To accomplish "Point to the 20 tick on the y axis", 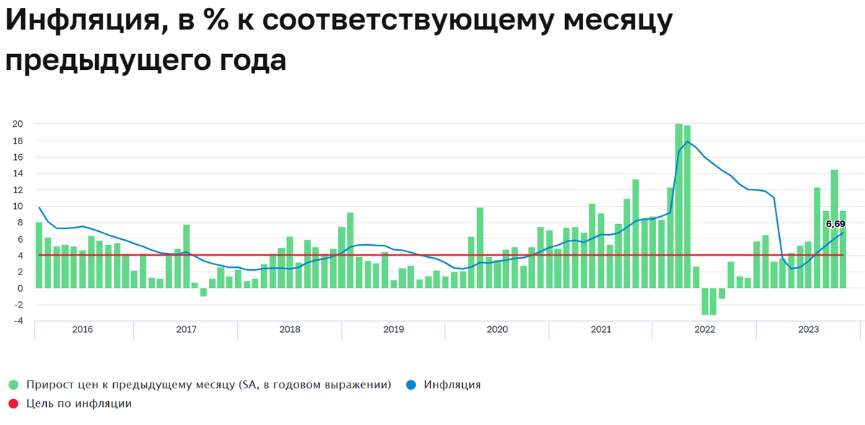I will (x=18, y=124).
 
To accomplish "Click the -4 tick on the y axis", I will (x=18, y=321).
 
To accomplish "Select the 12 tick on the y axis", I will (x=18, y=189).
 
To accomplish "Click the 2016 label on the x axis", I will (x=82, y=330).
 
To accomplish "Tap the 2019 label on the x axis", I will (x=394, y=330).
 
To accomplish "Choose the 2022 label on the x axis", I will (x=704, y=330).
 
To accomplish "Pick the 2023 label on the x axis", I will (x=808, y=330).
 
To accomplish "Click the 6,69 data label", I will (x=835, y=225).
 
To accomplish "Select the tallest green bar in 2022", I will (x=679, y=205).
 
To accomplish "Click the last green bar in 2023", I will (x=843, y=249).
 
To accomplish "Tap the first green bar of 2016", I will (x=39, y=255).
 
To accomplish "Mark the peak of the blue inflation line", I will (x=688, y=141).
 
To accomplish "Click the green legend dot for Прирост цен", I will (x=13, y=385).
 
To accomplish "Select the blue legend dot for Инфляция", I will (x=412, y=385).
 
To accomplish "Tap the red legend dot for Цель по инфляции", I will (x=13, y=404).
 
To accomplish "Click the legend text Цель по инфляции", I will (x=79, y=404).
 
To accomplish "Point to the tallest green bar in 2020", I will (x=480, y=248).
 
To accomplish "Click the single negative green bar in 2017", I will (x=203, y=292).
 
